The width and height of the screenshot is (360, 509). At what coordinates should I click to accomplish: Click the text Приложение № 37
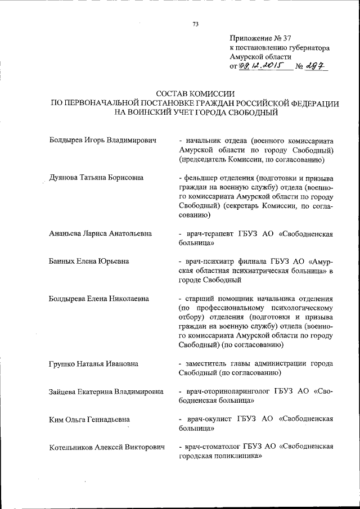[261, 38]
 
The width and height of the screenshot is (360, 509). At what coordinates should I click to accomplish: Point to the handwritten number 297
[317, 66]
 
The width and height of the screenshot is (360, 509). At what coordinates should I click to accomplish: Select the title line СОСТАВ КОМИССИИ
[195, 93]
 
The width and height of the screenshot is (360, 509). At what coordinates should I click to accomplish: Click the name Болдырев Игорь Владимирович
[102, 141]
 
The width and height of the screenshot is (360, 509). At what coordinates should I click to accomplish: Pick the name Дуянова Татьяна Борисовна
[96, 178]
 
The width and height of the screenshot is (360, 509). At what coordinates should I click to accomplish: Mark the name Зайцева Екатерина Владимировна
[106, 391]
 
